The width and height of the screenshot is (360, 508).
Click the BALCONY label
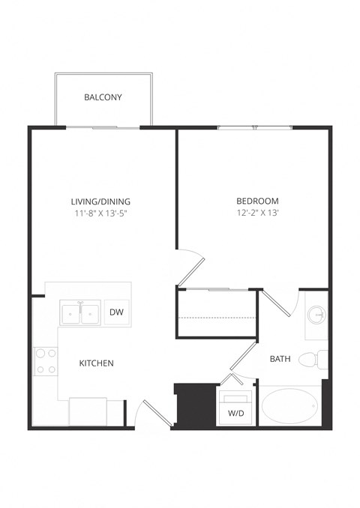pyautogui.click(x=103, y=97)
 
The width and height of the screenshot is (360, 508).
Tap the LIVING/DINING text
pyautogui.click(x=100, y=201)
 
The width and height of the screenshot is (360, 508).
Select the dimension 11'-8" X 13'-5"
pyautogui.click(x=100, y=214)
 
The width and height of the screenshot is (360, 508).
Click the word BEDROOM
pyautogui.click(x=257, y=201)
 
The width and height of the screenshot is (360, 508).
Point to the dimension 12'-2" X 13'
pyautogui.click(x=257, y=214)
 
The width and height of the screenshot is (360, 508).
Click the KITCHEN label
pyautogui.click(x=96, y=363)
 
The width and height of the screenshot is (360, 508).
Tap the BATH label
pyautogui.click(x=280, y=360)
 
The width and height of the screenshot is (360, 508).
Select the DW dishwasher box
pyautogui.click(x=116, y=312)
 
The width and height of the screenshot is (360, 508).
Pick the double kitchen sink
pyautogui.click(x=80, y=313)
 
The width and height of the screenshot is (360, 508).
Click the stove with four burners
pyautogui.click(x=46, y=361)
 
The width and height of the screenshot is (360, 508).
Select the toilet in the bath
pyautogui.click(x=311, y=360)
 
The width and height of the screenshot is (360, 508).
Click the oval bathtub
pyautogui.click(x=291, y=407)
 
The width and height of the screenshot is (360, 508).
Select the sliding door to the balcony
pyautogui.click(x=115, y=128)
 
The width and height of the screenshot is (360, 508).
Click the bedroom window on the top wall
pyautogui.click(x=255, y=128)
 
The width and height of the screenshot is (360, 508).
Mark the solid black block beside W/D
pyautogui.click(x=190, y=405)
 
